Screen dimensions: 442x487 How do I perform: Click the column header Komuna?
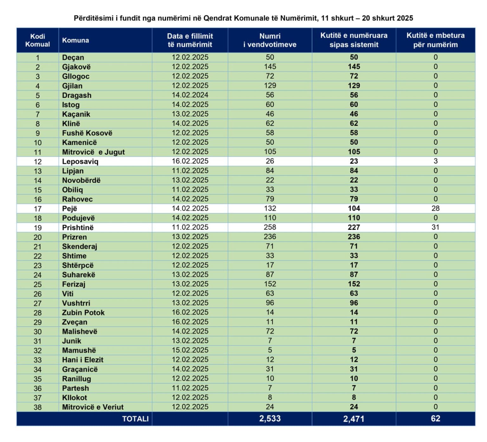click(75, 40)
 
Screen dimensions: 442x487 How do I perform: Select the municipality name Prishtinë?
click(78, 228)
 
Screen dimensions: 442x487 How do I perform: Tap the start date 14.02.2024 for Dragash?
click(190, 95)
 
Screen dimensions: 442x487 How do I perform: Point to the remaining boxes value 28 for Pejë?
click(435, 208)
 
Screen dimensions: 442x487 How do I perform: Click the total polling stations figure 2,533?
click(270, 419)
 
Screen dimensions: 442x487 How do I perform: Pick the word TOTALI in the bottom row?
click(135, 419)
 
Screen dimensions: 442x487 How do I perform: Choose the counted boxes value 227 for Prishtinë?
click(354, 227)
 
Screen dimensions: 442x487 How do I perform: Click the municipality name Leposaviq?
click(80, 161)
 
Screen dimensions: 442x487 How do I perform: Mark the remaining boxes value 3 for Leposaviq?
click(435, 161)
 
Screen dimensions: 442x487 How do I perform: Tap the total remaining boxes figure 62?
click(435, 419)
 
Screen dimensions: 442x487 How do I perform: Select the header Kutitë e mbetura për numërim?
click(435, 40)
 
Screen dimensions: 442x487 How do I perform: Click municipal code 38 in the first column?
click(38, 407)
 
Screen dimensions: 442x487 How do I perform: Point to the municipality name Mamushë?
click(79, 350)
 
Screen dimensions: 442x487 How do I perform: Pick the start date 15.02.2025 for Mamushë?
click(190, 350)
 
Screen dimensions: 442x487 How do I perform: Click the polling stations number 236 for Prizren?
click(270, 237)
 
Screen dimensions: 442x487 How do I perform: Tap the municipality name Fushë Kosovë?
click(87, 133)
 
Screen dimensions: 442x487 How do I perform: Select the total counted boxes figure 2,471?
click(354, 419)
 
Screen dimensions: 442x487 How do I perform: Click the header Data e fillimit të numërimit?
click(190, 40)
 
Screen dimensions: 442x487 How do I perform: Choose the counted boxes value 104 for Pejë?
click(354, 208)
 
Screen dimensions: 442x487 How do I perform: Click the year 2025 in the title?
click(405, 18)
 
